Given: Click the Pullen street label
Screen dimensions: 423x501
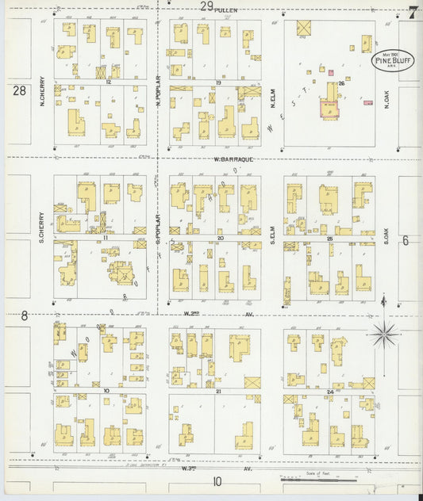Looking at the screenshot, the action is click(227, 10).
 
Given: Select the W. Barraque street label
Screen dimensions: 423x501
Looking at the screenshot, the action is click(228, 159).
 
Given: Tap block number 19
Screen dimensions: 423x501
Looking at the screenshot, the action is click(217, 82).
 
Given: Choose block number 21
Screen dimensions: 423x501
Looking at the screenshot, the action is click(216, 391).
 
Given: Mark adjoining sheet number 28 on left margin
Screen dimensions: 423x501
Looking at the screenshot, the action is click(19, 91).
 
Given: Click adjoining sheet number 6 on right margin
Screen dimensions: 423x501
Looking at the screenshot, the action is click(405, 240).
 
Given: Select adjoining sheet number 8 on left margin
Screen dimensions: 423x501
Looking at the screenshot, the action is click(25, 315).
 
